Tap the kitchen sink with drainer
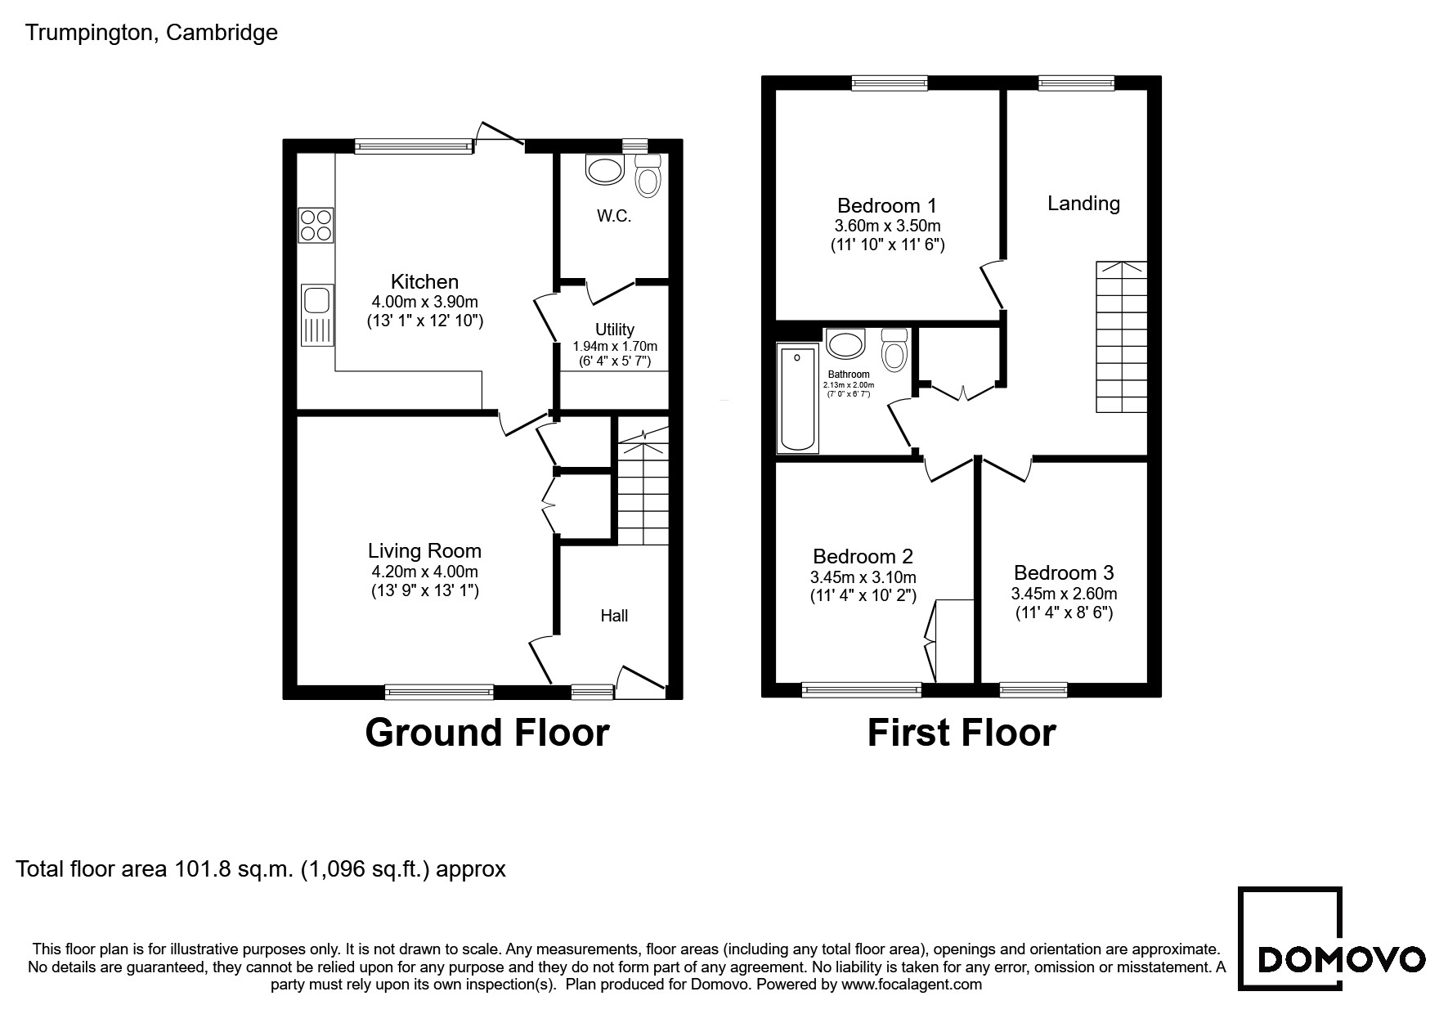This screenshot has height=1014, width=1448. pos(317,315)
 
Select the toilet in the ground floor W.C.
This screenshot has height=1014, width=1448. pos(648,175)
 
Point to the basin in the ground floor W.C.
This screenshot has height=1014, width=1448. pos(605,170)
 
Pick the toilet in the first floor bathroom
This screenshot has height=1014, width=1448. pos(895,350)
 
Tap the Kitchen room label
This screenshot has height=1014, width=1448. pos(424,282)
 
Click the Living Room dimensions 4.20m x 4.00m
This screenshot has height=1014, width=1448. pos(424,572)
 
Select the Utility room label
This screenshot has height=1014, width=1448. pos(615,329)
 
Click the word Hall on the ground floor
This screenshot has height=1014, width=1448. pos(614,616)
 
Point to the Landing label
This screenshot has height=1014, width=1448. pos(1083,204)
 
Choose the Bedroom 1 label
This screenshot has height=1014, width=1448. pos(887,205)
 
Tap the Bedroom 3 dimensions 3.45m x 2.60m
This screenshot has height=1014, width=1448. pos(1064,594)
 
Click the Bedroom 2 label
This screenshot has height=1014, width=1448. pos(863,557)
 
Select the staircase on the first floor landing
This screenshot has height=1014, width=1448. pos(1122,337)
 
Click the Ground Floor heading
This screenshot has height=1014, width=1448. pos(487,733)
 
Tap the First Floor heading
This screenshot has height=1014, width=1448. pos(962,733)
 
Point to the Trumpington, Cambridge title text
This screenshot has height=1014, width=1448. pos(152,33)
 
